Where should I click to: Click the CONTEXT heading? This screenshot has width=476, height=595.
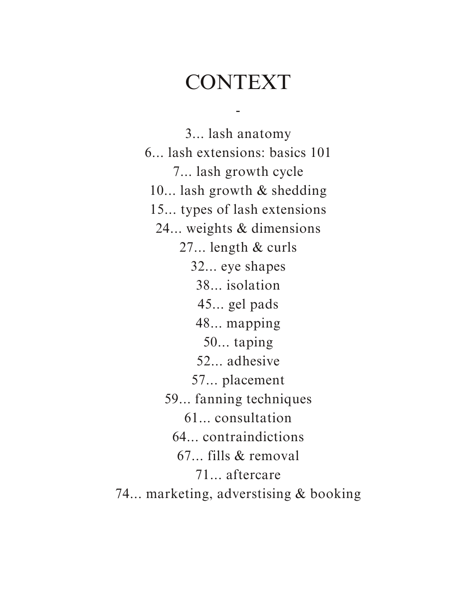(238, 82)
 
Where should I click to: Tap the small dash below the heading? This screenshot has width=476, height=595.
(238, 111)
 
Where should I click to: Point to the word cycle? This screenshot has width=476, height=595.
(288, 171)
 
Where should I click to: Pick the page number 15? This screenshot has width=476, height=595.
(157, 209)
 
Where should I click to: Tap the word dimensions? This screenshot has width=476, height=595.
(286, 228)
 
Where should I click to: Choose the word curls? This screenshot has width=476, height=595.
(282, 247)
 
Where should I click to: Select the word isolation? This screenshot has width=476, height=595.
(253, 285)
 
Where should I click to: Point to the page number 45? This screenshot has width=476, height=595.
(205, 304)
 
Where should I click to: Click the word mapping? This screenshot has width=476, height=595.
(253, 323)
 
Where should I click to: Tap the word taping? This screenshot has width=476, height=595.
(253, 342)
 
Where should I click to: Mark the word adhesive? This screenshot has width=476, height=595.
(253, 361)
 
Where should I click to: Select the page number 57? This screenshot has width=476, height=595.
(199, 380)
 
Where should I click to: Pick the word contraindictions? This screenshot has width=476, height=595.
(253, 437)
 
